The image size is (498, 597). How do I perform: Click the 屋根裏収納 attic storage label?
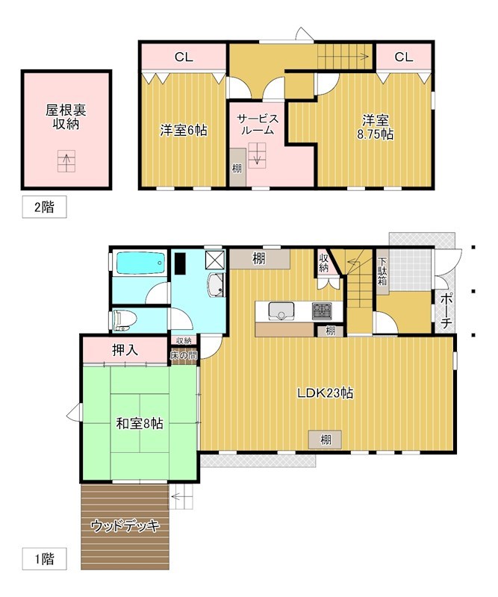[x=66, y=117]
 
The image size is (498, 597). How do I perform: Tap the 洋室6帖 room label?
[x=183, y=130]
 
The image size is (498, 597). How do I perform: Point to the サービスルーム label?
[x=258, y=124]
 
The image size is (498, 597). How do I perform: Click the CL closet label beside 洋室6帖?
[x=184, y=57]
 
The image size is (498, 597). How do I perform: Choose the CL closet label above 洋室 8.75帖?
[x=403, y=57]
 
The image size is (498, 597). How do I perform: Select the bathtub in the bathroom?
[x=140, y=263]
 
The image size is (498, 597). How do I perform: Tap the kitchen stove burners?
[x=323, y=310]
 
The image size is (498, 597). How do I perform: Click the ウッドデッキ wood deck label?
[x=125, y=526]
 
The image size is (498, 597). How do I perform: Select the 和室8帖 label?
[x=140, y=423]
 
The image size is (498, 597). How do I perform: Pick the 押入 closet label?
[x=124, y=349]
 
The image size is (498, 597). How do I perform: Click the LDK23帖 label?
[x=325, y=393]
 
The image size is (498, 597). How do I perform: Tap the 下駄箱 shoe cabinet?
[x=382, y=272]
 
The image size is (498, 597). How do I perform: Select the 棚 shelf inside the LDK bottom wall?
[x=326, y=440]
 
